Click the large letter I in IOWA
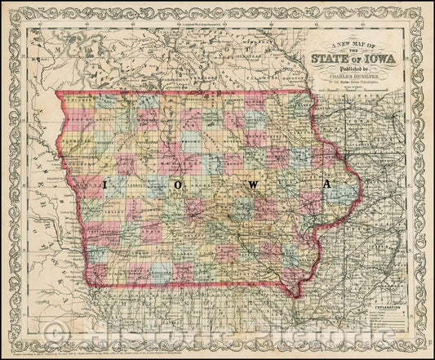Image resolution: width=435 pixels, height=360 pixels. tap(104, 184)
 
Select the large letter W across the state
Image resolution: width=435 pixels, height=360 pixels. tap(253, 185)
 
